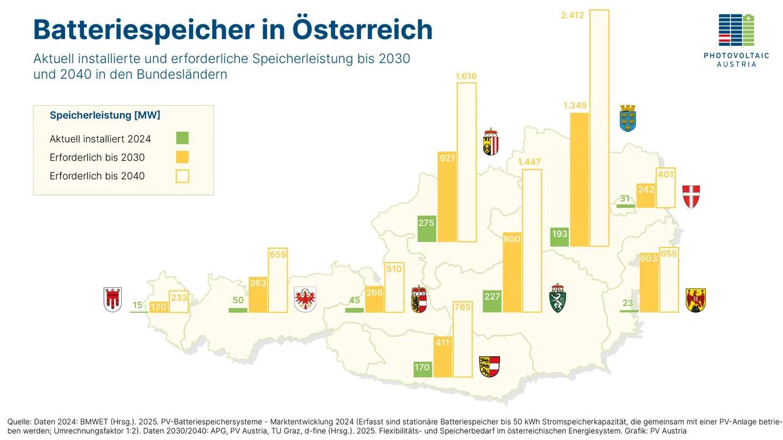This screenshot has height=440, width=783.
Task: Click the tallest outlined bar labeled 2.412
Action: tap(599, 128)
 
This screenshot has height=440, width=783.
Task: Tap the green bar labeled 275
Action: tap(426, 229)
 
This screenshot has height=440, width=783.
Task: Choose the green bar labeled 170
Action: tap(423, 369)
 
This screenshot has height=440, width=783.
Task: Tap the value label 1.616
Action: tap(466, 76)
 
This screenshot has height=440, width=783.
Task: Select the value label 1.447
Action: tap(530, 162)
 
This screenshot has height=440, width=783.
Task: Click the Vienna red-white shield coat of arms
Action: tap(691, 196)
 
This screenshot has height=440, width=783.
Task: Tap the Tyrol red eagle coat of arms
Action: tap(305, 299)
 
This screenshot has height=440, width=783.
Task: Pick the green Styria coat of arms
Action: tap(558, 298)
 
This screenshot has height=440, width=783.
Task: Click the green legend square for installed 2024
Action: tap(182, 138)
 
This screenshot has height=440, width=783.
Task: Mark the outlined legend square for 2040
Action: tap(182, 176)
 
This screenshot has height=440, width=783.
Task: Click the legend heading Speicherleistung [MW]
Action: tap(105, 115)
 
